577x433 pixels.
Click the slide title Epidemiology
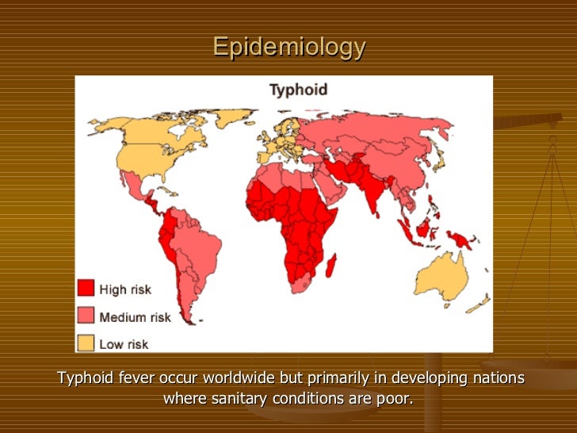(x=288, y=48)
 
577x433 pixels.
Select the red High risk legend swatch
(x=86, y=289)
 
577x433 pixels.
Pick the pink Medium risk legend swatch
(x=86, y=316)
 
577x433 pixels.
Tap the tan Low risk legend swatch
(x=86, y=343)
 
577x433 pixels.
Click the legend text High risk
(x=125, y=289)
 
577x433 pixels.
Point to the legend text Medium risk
(x=136, y=317)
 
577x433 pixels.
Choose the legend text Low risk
(x=124, y=344)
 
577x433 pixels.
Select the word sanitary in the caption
(x=237, y=398)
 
